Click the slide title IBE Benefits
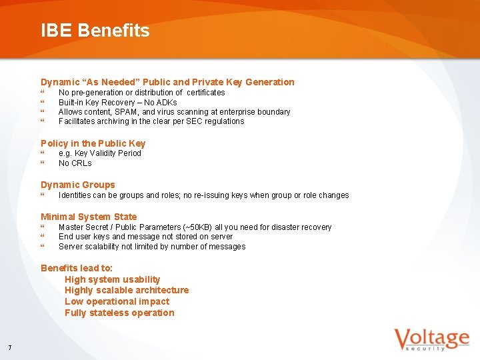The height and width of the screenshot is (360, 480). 95,31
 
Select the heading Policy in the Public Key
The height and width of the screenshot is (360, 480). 93,143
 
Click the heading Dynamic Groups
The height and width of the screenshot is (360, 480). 77,185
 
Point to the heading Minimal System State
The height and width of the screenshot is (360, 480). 88,217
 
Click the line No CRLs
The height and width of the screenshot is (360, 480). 75,163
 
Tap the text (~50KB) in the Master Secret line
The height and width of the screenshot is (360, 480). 191,227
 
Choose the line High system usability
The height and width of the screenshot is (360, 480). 112,279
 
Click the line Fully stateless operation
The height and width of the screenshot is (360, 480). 119,313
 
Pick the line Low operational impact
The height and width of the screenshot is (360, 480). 117,301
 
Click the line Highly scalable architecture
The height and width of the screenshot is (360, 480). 127,290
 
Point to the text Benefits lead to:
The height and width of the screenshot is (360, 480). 77,268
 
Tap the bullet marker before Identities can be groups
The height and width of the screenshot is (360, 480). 43,195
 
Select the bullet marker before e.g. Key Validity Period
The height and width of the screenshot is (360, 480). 43,153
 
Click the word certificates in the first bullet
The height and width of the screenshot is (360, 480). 206,93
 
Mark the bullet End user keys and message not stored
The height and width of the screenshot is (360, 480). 145,237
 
